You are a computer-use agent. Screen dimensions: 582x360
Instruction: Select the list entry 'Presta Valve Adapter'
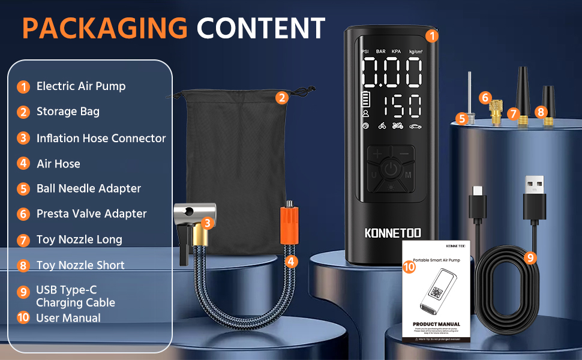click(91, 214)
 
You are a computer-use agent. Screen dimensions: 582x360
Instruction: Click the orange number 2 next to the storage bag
click(281, 98)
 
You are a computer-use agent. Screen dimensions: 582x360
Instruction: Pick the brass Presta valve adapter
click(495, 112)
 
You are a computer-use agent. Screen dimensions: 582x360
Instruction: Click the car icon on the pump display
click(415, 126)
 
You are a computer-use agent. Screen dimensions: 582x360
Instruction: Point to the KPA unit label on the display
click(396, 52)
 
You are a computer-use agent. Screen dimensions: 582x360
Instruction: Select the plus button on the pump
click(377, 154)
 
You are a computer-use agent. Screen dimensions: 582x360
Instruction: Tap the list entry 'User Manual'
click(68, 318)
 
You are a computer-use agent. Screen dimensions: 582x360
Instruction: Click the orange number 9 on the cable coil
click(530, 258)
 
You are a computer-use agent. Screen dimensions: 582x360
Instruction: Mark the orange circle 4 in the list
click(23, 164)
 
